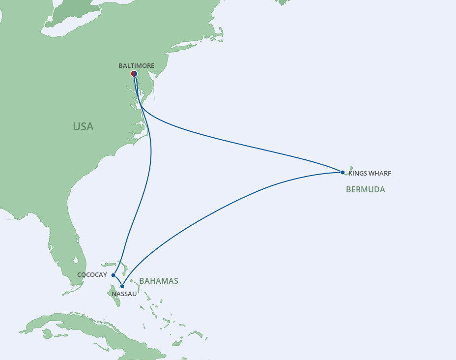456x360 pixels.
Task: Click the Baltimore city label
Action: click(x=136, y=65)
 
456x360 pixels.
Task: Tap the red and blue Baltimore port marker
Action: click(x=134, y=74)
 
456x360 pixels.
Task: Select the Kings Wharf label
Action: click(x=370, y=173)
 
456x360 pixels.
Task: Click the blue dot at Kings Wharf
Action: click(x=342, y=172)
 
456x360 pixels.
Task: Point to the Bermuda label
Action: click(x=365, y=189)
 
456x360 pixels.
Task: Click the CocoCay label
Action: click(x=92, y=275)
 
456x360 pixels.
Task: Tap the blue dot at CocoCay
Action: click(x=114, y=275)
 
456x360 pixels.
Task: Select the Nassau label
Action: click(x=124, y=294)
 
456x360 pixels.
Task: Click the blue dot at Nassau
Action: click(x=122, y=286)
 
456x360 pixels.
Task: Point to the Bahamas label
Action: click(x=158, y=281)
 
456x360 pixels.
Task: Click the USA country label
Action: click(x=83, y=126)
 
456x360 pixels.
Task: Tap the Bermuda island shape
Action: click(x=349, y=169)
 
